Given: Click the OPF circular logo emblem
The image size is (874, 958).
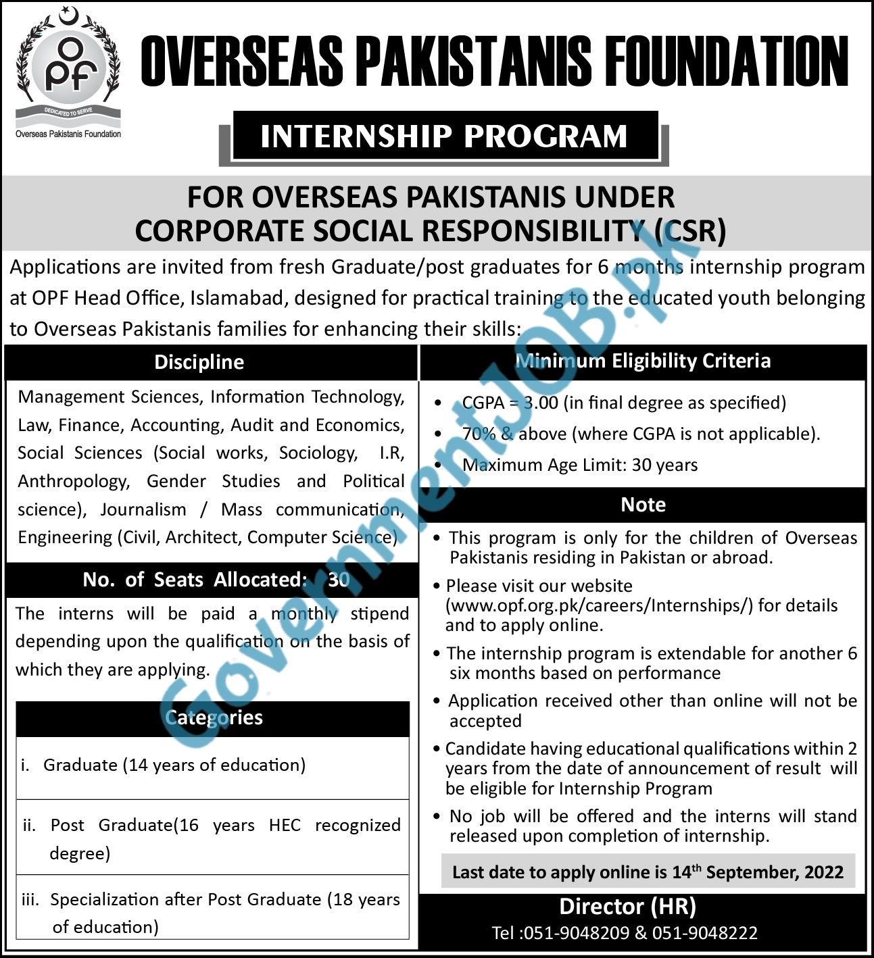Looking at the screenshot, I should [68, 68].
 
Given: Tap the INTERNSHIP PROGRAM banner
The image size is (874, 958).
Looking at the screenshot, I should [444, 136].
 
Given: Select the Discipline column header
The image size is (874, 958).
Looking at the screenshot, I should [199, 362].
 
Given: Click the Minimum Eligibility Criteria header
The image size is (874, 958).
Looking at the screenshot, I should [643, 361].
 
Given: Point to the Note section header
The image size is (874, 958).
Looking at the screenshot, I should [643, 505].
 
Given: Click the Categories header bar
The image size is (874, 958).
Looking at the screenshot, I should [213, 717].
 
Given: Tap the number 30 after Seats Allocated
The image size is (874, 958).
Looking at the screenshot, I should [339, 580].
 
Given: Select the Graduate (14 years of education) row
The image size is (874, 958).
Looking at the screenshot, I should [174, 765].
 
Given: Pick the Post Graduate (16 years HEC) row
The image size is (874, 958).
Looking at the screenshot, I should [212, 838].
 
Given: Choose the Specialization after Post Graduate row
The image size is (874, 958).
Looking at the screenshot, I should [212, 913].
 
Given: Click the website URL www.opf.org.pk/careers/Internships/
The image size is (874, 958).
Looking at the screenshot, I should [599, 605].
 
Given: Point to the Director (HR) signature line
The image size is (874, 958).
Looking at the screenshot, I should [627, 906].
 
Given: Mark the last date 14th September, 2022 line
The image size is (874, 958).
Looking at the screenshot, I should [648, 872].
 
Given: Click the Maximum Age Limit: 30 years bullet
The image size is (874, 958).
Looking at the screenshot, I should [580, 465].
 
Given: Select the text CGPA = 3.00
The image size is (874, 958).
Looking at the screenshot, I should [510, 403].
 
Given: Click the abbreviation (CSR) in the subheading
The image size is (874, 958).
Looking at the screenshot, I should [690, 231].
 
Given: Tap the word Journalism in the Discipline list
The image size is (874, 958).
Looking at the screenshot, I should [143, 509].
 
